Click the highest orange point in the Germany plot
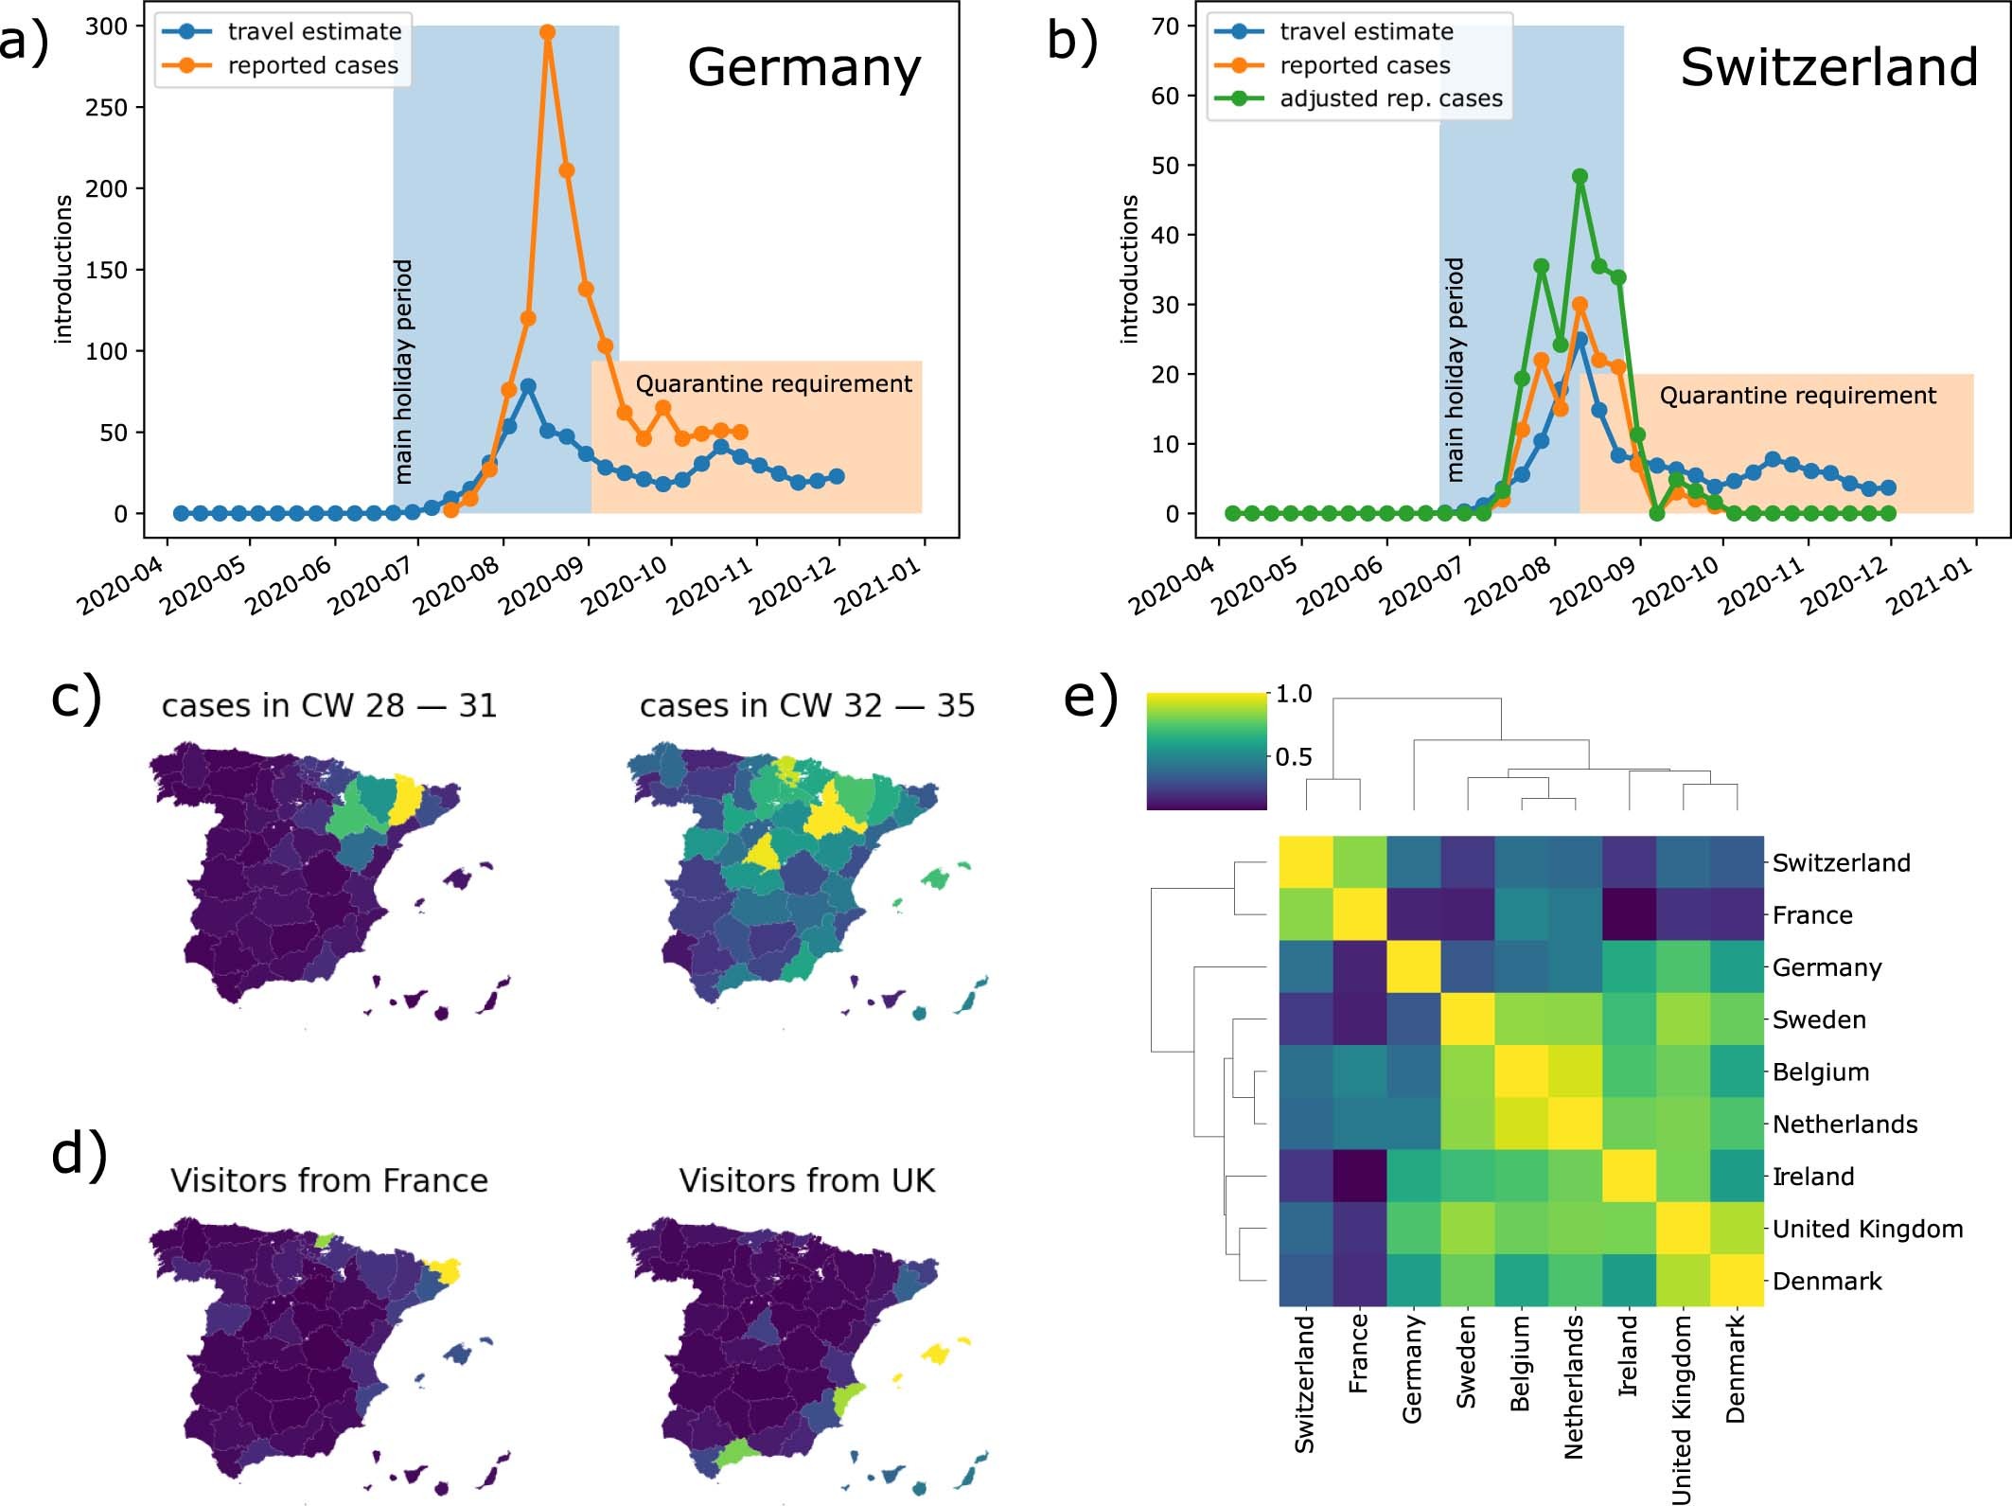[547, 32]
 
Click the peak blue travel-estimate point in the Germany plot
[528, 386]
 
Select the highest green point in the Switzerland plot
[1580, 176]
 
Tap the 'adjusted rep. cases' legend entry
[1390, 98]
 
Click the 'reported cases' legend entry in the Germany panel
[312, 65]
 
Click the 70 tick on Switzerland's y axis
[1165, 26]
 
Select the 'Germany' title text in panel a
[803, 68]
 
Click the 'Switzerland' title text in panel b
[1828, 68]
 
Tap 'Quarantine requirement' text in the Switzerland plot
[1797, 396]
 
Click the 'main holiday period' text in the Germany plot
[404, 371]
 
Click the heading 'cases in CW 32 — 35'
[806, 706]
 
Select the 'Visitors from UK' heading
[806, 1180]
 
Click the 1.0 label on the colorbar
[1293, 694]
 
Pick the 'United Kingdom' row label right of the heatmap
[1866, 1229]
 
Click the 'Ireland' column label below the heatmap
[1628, 1355]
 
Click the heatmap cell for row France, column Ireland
[1629, 914]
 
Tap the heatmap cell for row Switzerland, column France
[1360, 862]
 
